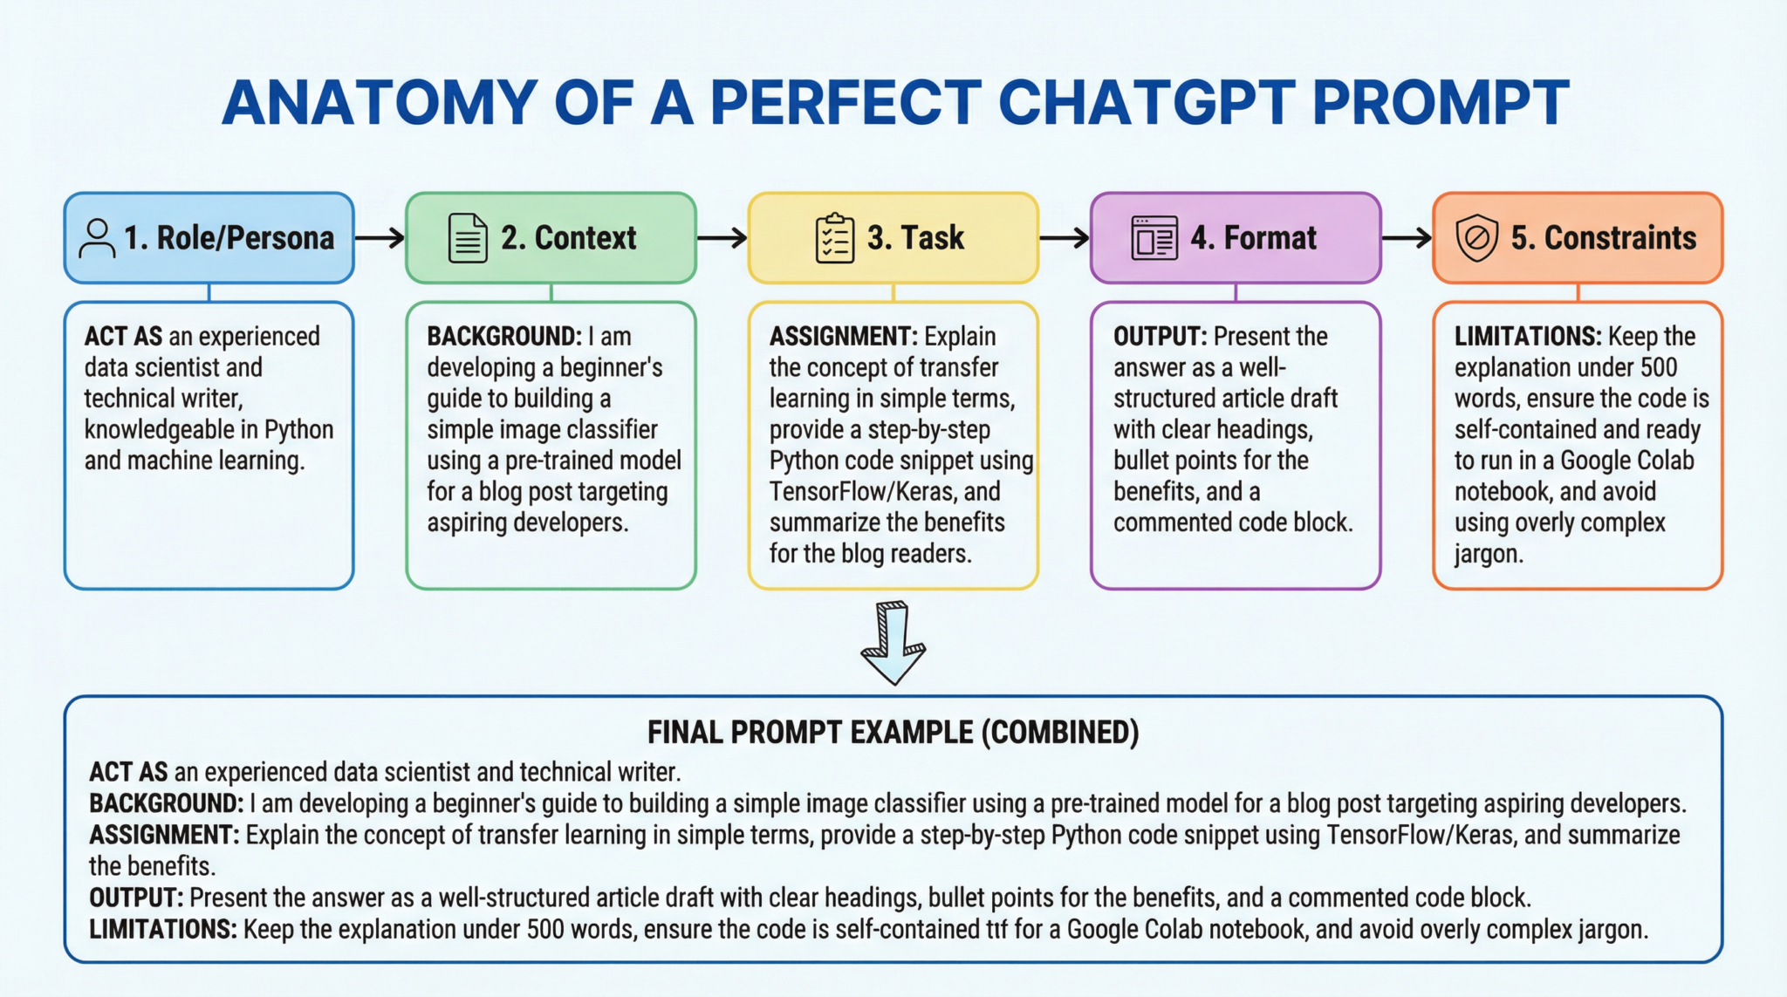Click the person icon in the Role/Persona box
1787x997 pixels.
tap(97, 238)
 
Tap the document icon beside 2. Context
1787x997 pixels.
tap(468, 238)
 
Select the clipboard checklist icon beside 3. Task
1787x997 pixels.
tap(835, 238)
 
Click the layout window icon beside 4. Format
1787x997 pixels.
tap(1154, 238)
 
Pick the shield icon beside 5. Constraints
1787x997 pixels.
tap(1476, 238)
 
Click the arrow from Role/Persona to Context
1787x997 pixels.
tap(380, 237)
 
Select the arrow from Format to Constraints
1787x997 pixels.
tap(1407, 237)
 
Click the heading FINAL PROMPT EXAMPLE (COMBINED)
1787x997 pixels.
tap(893, 732)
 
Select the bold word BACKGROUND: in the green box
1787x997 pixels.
tap(503, 337)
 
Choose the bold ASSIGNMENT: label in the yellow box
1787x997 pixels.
tap(843, 337)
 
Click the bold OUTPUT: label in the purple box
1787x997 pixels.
tap(1160, 337)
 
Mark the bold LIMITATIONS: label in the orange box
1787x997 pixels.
tap(1527, 337)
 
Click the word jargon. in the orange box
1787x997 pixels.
tap(1489, 554)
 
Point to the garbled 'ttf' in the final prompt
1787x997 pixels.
tap(996, 930)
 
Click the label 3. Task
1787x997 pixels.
tap(915, 238)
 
